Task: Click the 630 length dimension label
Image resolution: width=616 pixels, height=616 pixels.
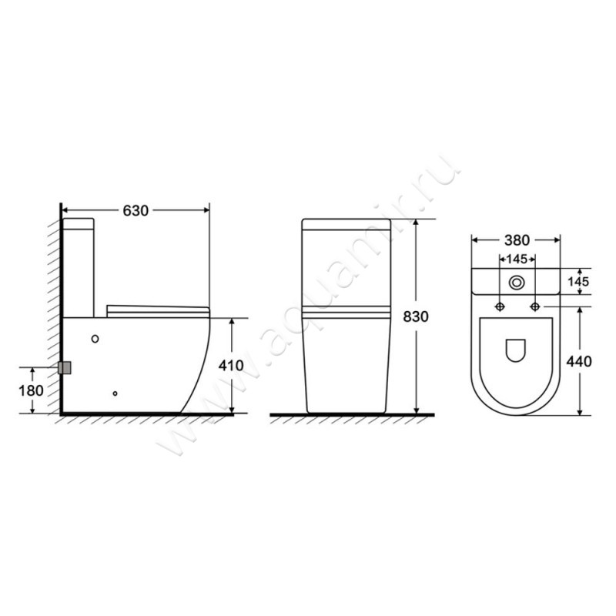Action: click(x=136, y=211)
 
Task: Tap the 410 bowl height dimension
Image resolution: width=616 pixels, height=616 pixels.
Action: click(x=231, y=366)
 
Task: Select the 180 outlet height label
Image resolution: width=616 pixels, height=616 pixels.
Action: click(x=31, y=391)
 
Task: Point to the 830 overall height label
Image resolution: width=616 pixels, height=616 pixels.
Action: click(x=416, y=316)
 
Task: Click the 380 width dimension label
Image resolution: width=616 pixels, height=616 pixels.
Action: click(x=517, y=240)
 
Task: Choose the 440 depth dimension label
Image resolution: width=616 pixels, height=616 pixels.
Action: click(x=579, y=361)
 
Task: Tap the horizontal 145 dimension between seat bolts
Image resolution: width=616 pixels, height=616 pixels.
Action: click(x=517, y=259)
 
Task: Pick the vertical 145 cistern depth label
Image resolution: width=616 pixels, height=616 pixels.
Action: click(x=579, y=282)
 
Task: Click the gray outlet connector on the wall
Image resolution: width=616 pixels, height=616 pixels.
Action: click(x=65, y=368)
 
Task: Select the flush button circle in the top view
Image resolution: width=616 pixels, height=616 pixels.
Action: click(x=517, y=283)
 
